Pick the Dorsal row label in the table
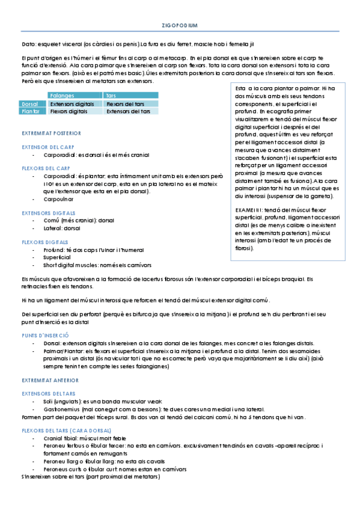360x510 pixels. [x=29, y=103]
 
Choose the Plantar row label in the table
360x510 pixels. [x=31, y=111]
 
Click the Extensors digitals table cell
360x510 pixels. [x=72, y=103]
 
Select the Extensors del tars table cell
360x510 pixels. [x=128, y=111]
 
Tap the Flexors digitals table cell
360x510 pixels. [x=69, y=111]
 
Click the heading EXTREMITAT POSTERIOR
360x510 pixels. [x=51, y=133]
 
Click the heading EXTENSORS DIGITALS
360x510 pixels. [x=48, y=213]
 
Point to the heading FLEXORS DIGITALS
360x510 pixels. [x=45, y=242]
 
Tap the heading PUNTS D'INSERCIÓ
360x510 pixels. [x=45, y=334]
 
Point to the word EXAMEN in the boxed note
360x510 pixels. [x=246, y=209]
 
